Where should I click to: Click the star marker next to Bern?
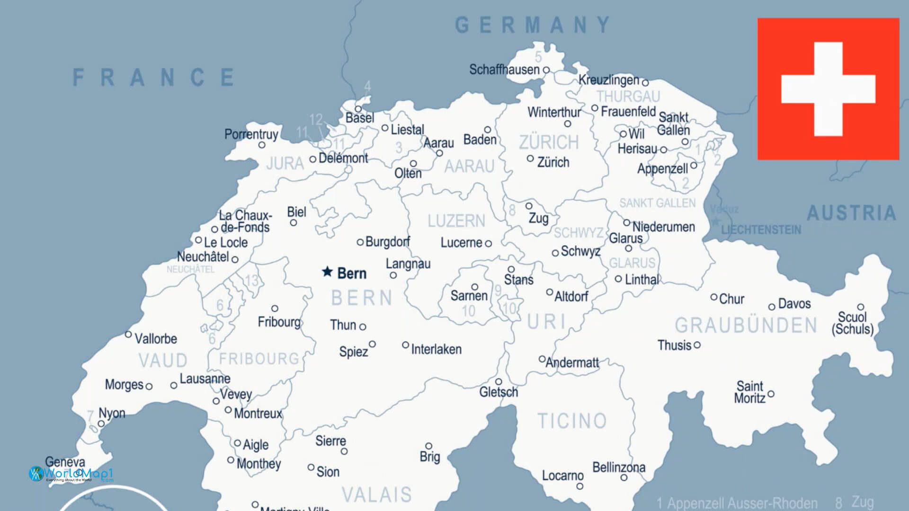(x=327, y=272)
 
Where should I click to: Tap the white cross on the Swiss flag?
(x=828, y=89)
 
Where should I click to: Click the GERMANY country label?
(x=533, y=25)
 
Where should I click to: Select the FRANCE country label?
(x=154, y=77)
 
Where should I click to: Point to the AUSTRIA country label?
(x=851, y=213)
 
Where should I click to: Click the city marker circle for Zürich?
(x=530, y=159)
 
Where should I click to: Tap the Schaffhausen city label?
(x=504, y=70)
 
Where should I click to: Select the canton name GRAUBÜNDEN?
(x=746, y=326)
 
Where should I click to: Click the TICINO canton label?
(x=572, y=421)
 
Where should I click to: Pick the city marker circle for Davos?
(x=772, y=307)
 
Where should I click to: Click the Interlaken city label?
(x=436, y=350)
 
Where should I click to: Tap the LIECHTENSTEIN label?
(x=761, y=230)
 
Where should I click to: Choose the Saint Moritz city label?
(x=749, y=392)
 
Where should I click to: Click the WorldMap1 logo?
(x=71, y=473)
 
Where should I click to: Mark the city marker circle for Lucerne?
(x=488, y=244)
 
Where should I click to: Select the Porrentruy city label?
(x=251, y=134)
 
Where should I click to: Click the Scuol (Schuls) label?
(x=852, y=323)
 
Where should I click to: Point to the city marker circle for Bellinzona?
(x=624, y=477)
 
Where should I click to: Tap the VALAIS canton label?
(x=377, y=494)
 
